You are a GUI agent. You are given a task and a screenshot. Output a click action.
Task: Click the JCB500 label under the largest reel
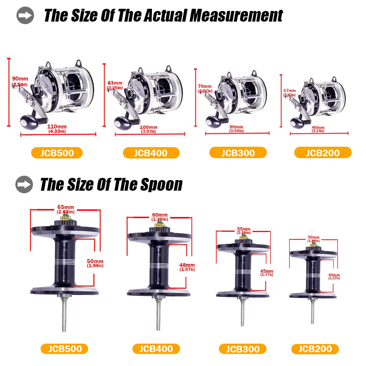(x=57, y=153)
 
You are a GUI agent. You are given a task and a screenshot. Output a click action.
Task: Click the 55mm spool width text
(x=243, y=230)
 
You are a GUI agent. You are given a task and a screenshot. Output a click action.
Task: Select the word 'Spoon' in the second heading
(x=161, y=184)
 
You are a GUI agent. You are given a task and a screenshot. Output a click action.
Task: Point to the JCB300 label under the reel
(x=238, y=153)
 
